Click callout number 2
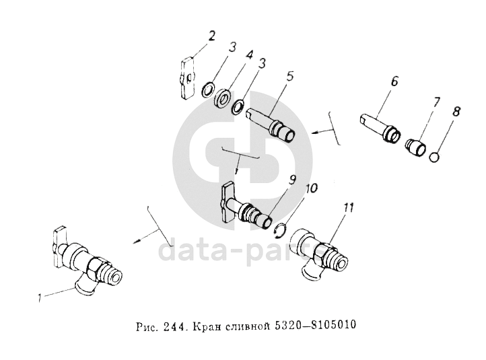coord(211,36)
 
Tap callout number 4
coord(249,55)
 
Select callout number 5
coord(290,77)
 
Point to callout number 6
coord(394,81)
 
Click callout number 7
coord(436,102)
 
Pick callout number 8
coord(456,112)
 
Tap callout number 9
coord(292,180)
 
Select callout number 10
coord(311,188)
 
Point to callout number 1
coord(39,298)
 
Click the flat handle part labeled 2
coord(187,78)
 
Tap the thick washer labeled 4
coord(222,98)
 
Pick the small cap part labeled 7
coord(416,148)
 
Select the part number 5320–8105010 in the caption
coord(316,325)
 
